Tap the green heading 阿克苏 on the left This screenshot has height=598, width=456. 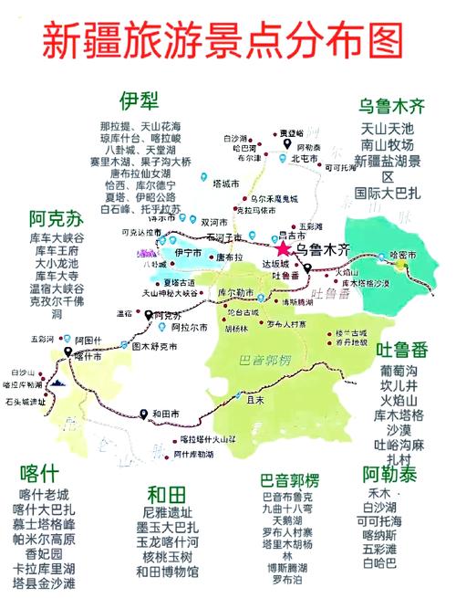54,220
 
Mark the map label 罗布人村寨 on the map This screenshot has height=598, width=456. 286,324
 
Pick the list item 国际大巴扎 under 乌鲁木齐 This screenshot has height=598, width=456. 389,193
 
